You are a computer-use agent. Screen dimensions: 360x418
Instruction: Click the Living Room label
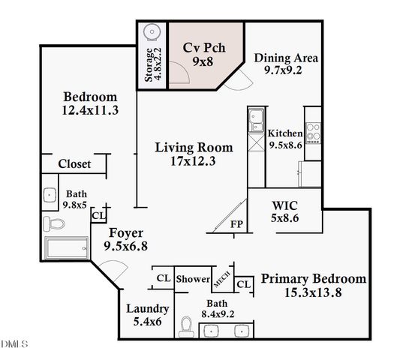coord(194,147)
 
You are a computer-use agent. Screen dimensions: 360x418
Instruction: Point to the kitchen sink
coord(256,117)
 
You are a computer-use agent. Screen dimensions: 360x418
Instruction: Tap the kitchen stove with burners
coord(313,126)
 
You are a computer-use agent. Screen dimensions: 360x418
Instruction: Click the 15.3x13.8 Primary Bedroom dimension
coord(313,292)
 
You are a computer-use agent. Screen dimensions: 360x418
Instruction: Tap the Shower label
coord(193,279)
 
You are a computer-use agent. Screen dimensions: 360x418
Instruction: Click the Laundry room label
coord(147,308)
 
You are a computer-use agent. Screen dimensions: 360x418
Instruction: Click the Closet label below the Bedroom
coord(74,163)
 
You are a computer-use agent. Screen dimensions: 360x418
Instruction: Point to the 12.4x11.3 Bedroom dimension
coord(90,111)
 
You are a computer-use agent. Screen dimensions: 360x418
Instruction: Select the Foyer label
coord(123,232)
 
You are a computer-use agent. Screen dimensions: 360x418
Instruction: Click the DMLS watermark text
coord(14,344)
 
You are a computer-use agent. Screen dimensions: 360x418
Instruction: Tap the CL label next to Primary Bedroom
coord(242,284)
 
